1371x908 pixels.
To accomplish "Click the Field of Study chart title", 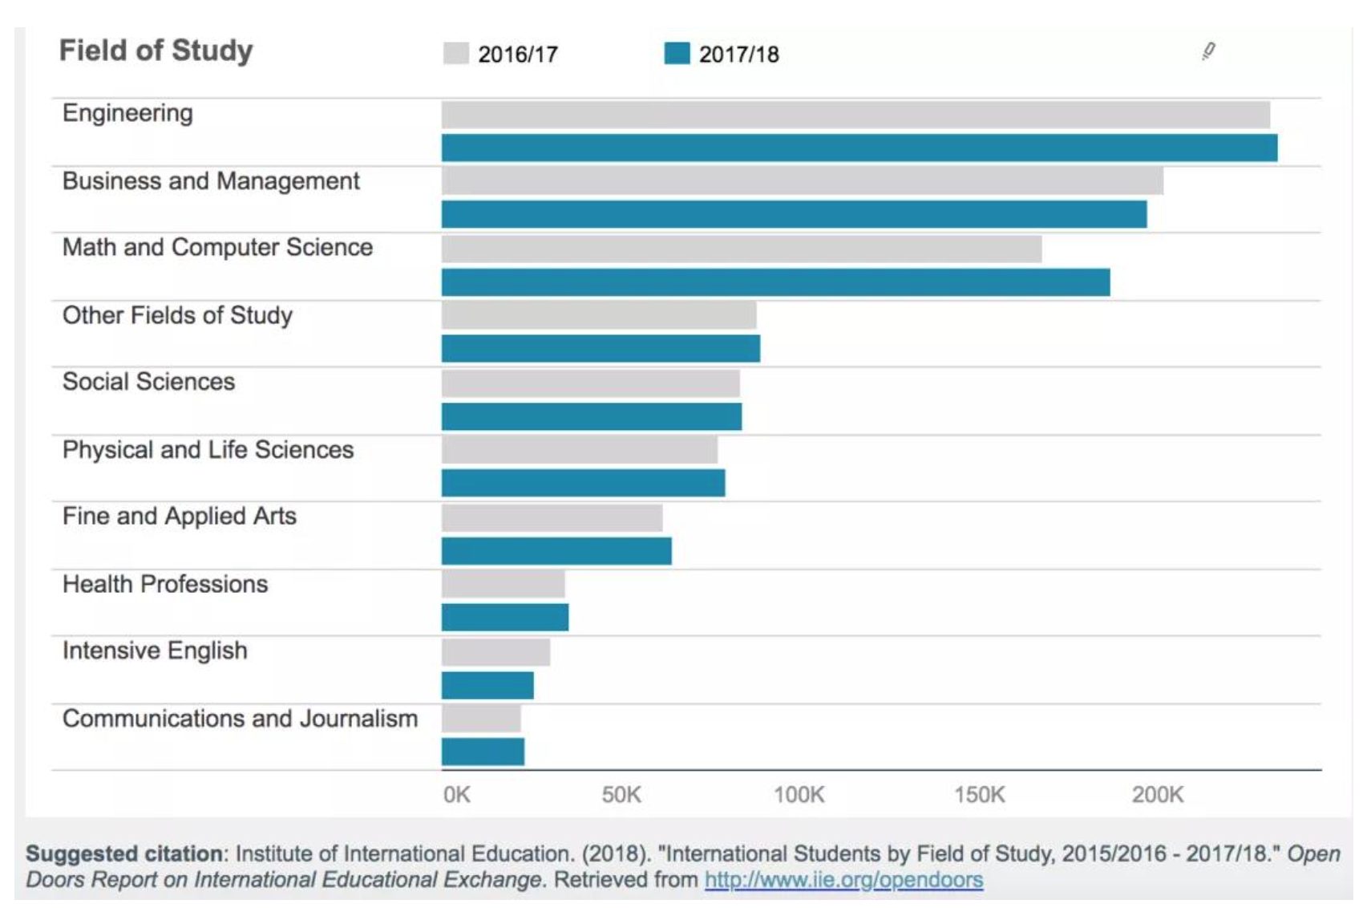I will tap(156, 51).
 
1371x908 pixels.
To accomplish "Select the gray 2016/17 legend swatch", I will tap(455, 53).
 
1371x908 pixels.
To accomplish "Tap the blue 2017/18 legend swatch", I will tap(677, 53).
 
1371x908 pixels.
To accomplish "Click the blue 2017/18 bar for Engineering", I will tap(859, 148).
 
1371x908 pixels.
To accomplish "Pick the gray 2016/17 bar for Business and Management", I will tap(802, 181).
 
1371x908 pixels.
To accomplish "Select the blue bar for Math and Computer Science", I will tap(775, 282).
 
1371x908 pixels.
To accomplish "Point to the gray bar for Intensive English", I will tap(495, 652).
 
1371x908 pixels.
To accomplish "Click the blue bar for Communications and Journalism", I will tap(483, 752).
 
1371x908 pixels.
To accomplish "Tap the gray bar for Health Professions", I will tap(503, 584).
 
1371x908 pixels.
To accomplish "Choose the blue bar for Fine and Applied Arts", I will tap(556, 551).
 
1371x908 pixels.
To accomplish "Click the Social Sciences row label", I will tap(149, 382).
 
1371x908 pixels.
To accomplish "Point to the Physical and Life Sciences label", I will tap(208, 450).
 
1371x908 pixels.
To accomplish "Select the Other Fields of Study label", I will tap(177, 315).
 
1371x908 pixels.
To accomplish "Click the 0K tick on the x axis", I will tap(457, 795).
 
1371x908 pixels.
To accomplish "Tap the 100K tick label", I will tap(799, 795).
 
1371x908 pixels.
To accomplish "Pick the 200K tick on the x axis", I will tap(1157, 795).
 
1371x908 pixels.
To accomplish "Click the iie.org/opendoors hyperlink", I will tap(843, 880).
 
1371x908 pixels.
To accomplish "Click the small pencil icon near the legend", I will tap(1208, 51).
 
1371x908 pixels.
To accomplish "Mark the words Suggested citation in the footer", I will tap(124, 853).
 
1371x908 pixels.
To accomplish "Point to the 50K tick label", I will tap(621, 795).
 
